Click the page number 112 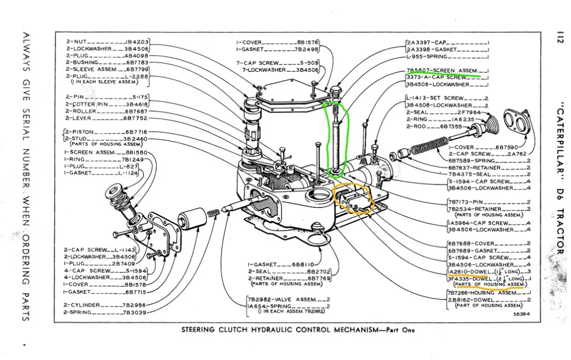559,37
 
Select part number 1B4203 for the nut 137,42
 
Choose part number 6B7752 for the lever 136,118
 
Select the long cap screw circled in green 335,139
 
